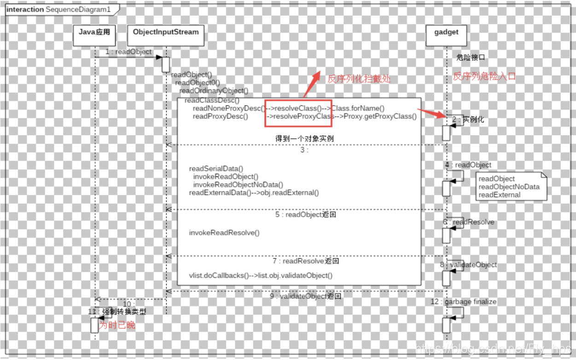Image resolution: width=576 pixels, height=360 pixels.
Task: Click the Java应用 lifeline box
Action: click(94, 36)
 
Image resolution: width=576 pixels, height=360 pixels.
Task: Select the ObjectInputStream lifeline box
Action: click(165, 36)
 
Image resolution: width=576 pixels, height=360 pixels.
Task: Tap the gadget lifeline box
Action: click(446, 36)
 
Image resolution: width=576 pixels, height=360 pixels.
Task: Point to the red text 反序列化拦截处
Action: click(359, 79)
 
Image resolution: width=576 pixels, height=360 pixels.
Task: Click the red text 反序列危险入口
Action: click(484, 76)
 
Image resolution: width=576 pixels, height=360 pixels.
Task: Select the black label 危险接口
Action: click(470, 58)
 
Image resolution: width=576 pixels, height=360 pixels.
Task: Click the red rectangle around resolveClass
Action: click(298, 112)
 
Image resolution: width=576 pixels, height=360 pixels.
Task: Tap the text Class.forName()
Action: click(358, 108)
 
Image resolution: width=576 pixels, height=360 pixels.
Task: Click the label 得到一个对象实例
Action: click(304, 139)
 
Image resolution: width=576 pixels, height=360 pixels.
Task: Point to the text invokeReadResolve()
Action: click(224, 233)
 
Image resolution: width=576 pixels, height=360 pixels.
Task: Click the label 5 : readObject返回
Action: click(305, 215)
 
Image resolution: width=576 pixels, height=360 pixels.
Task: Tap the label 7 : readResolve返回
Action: click(306, 261)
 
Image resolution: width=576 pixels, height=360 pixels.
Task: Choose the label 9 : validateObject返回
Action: click(305, 296)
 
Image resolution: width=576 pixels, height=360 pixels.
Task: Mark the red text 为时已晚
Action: click(117, 325)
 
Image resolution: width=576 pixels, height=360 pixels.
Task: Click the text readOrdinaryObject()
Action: click(214, 91)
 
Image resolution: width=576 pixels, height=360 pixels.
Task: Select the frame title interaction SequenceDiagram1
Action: click(59, 9)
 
